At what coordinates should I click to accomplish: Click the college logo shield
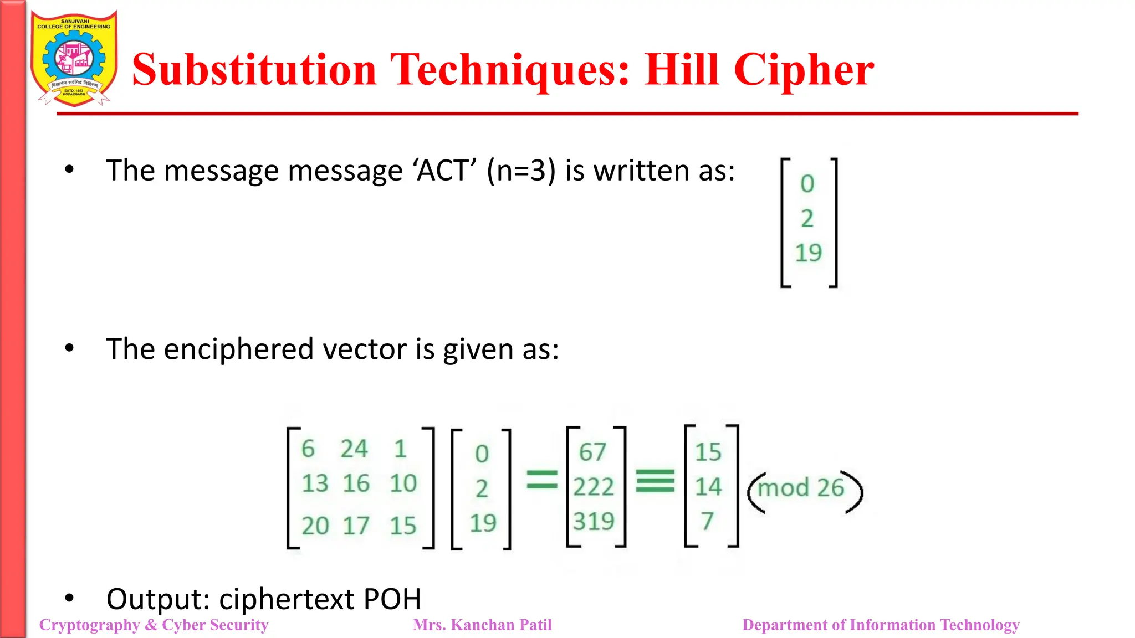point(74,59)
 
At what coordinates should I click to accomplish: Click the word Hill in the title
point(682,70)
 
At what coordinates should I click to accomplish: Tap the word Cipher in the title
point(804,70)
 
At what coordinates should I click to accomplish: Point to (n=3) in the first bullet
point(521,170)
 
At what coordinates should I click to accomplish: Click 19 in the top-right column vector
point(808,253)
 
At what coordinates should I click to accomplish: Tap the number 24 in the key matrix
point(354,449)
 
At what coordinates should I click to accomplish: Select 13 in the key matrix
point(315,483)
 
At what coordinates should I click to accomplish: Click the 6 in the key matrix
point(308,449)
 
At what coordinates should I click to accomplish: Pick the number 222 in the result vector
point(594,487)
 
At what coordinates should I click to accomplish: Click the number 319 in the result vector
point(594,521)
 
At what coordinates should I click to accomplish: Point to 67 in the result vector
point(592,452)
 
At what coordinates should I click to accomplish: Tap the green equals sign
point(541,480)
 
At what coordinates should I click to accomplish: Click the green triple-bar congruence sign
point(655,481)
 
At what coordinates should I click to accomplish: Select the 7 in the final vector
point(707,521)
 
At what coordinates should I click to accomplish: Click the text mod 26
point(801,488)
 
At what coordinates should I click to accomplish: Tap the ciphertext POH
point(392,599)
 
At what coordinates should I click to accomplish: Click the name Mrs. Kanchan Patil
point(482,625)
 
